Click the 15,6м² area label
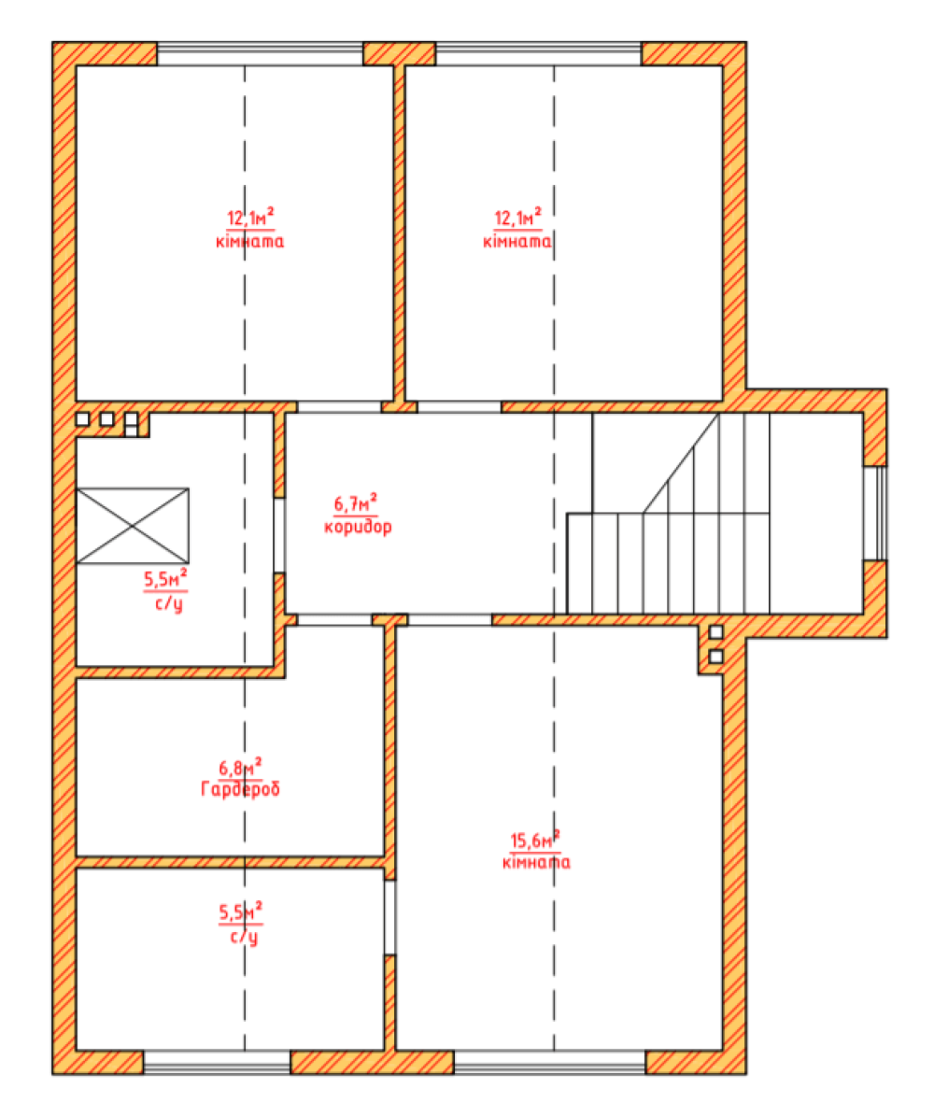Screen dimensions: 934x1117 click(x=535, y=841)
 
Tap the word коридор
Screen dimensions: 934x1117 click(x=358, y=527)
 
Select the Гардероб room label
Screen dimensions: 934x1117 click(x=240, y=788)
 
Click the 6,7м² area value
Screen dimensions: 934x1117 click(x=356, y=503)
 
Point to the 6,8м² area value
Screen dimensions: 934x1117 click(x=240, y=767)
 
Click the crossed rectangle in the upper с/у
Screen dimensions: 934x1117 click(x=133, y=526)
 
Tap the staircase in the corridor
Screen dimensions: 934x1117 click(x=668, y=513)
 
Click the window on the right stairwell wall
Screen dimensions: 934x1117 click(x=875, y=513)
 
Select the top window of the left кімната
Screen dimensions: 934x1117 click(x=260, y=54)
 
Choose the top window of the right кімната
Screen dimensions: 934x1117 click(x=539, y=54)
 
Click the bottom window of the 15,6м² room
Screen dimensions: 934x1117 click(x=550, y=1062)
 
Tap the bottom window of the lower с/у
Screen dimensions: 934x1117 click(x=218, y=1062)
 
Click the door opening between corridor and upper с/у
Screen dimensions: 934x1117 click(x=279, y=535)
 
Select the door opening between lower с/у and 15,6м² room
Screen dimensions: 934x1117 click(x=389, y=917)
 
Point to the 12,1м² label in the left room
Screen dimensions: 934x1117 click(x=250, y=218)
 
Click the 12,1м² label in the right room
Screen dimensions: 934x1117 click(x=518, y=218)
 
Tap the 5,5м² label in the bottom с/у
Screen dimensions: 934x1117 click(x=240, y=912)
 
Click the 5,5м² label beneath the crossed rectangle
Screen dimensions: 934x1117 click(x=166, y=578)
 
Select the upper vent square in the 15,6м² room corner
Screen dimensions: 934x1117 click(x=716, y=632)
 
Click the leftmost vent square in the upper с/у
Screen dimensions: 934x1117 click(x=82, y=418)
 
